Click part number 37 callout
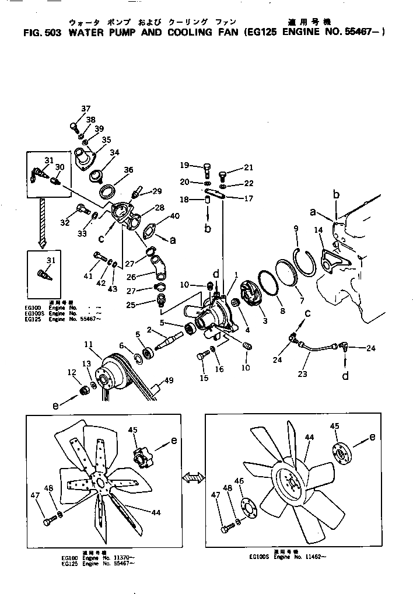(86, 109)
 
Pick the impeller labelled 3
(253, 294)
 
